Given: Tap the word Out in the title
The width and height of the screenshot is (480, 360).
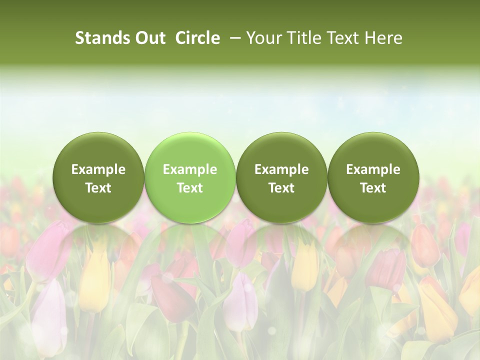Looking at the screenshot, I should pyautogui.click(x=150, y=38).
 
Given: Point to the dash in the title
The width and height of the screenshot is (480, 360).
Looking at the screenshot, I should pyautogui.click(x=233, y=38).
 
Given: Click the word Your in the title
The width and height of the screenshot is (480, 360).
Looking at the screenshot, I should pyautogui.click(x=263, y=38).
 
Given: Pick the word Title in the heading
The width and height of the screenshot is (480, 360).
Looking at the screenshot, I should pyautogui.click(x=301, y=38).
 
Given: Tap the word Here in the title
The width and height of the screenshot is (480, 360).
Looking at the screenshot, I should pyautogui.click(x=382, y=38).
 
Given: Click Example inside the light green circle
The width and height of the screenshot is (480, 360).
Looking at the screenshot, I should pyautogui.click(x=190, y=169).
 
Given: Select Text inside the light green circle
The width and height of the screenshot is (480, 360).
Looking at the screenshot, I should pyautogui.click(x=190, y=188).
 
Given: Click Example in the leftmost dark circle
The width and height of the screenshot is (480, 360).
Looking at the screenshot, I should pyautogui.click(x=98, y=169).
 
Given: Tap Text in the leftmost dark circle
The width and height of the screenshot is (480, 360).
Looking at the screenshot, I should pyautogui.click(x=98, y=188).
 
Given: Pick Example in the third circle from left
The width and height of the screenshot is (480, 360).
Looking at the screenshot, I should pyautogui.click(x=281, y=169).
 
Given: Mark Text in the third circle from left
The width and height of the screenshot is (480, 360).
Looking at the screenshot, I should pyautogui.click(x=281, y=188).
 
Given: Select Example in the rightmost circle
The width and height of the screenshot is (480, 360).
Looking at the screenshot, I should pyautogui.click(x=373, y=169).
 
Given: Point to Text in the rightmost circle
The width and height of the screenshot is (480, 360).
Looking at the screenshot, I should pyautogui.click(x=373, y=188).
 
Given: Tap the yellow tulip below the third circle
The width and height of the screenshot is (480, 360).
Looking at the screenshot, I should pyautogui.click(x=304, y=265).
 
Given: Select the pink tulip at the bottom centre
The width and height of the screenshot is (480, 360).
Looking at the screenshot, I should pyautogui.click(x=240, y=300).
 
